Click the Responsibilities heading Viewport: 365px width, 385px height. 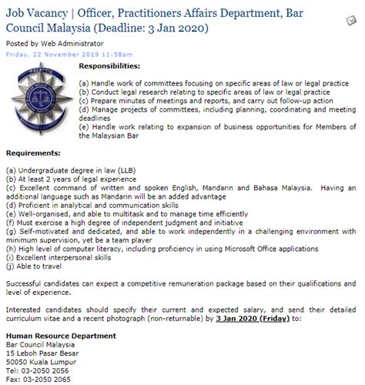coord(113,67)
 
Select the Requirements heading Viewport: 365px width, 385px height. coord(33,152)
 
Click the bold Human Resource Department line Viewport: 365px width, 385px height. coord(61,336)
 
